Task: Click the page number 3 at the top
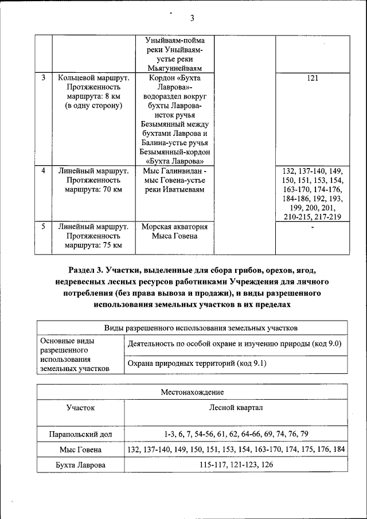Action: pyautogui.click(x=192, y=18)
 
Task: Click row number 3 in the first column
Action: pyautogui.click(x=44, y=77)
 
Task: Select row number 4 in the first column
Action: pyautogui.click(x=44, y=171)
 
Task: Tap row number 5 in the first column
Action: pyautogui.click(x=44, y=227)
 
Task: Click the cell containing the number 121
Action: pyautogui.click(x=313, y=77)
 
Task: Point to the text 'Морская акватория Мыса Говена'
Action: pyautogui.click(x=174, y=231)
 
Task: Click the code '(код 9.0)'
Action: pyautogui.click(x=326, y=344)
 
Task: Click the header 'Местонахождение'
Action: pyautogui.click(x=192, y=392)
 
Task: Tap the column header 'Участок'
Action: pyautogui.click(x=80, y=408)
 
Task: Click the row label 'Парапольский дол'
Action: pyautogui.click(x=80, y=434)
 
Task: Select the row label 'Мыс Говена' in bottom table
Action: pyautogui.click(x=80, y=450)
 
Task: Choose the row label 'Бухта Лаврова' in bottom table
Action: pyautogui.click(x=80, y=465)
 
